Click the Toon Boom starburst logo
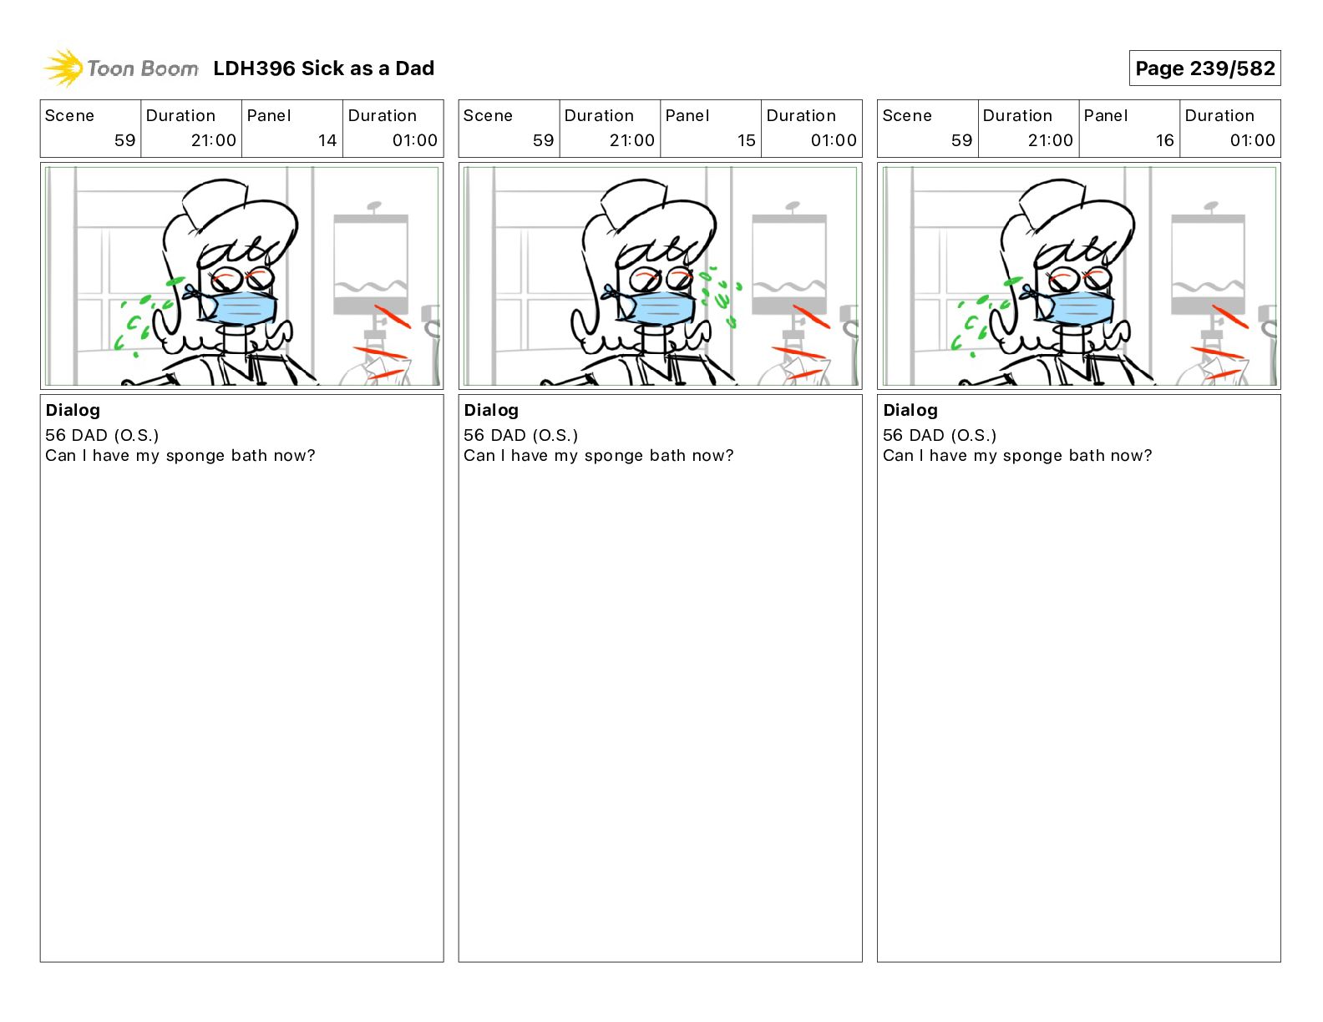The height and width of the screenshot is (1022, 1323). pos(63,68)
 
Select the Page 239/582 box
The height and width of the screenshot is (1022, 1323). pos(1204,68)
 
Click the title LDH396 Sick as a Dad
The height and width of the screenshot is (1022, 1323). pos(323,68)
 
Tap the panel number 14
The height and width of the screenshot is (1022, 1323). pos(327,140)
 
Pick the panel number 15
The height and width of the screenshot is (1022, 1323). pos(746,140)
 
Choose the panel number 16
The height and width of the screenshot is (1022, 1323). pos(1164,140)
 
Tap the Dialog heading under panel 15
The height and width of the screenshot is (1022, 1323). pos(491,410)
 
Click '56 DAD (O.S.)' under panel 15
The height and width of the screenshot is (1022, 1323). pos(520,435)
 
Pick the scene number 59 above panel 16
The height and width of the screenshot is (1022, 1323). pos(961,140)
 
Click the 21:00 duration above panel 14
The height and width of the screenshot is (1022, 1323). pos(213,140)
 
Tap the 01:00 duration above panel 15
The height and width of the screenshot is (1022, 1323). pos(834,140)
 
